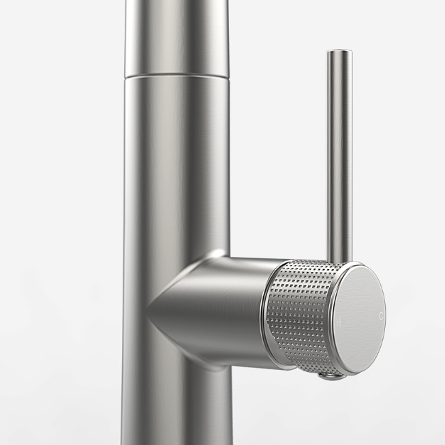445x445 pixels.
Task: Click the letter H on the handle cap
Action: click(x=338, y=322)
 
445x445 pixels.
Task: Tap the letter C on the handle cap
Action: click(x=381, y=316)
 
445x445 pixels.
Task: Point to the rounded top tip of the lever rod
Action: click(x=339, y=51)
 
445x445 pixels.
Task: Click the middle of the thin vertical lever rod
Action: click(x=339, y=155)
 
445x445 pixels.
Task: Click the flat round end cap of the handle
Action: click(x=360, y=320)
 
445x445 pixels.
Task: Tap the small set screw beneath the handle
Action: click(x=331, y=376)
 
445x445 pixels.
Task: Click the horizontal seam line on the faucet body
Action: click(x=177, y=75)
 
